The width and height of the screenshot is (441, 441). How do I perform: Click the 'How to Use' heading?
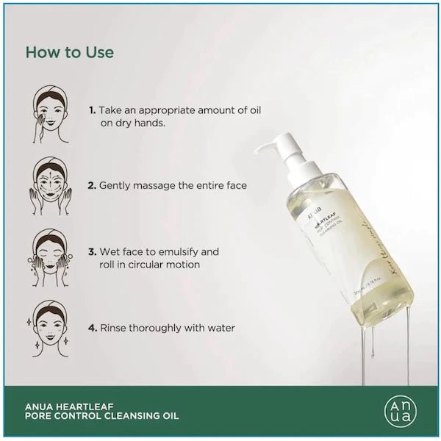click(x=70, y=53)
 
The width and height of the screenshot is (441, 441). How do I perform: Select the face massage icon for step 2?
click(x=51, y=185)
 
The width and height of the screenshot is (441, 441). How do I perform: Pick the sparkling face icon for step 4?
click(x=51, y=326)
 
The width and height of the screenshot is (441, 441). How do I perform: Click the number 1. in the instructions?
click(x=92, y=110)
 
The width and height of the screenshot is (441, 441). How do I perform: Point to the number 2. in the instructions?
click(x=92, y=186)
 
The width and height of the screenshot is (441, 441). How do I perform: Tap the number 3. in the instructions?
click(x=92, y=251)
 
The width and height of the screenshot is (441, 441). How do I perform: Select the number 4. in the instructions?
click(x=92, y=328)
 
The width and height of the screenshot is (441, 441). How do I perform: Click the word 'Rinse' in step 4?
click(x=114, y=328)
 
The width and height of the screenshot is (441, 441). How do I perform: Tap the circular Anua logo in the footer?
click(x=400, y=410)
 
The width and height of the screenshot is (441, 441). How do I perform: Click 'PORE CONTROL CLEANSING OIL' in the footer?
click(x=102, y=416)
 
